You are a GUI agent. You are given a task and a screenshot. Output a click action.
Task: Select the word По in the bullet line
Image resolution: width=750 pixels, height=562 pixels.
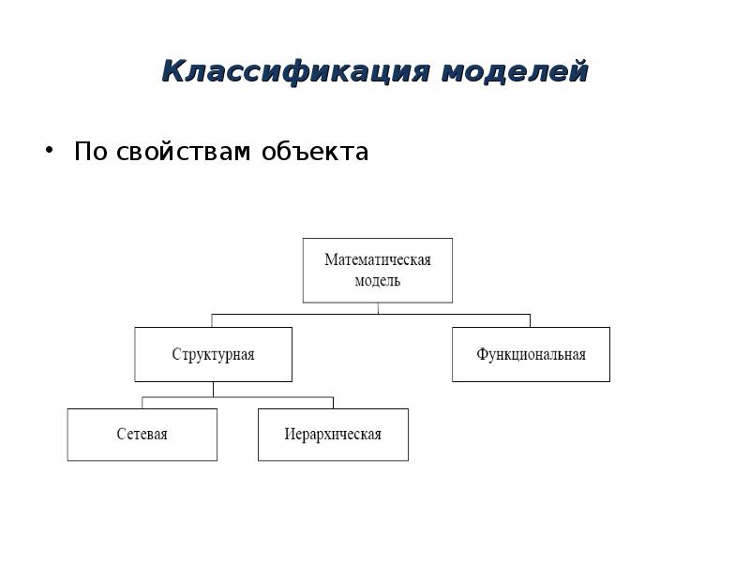tap(90, 152)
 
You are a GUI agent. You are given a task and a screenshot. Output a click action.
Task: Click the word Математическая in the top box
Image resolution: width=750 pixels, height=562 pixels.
tap(377, 259)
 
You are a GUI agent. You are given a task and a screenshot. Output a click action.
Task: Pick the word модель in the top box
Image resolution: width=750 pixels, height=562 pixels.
tap(377, 281)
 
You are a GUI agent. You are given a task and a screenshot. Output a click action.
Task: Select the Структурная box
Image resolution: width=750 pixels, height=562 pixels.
tap(213, 367)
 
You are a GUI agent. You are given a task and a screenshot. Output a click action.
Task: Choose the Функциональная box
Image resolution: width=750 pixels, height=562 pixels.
tap(531, 367)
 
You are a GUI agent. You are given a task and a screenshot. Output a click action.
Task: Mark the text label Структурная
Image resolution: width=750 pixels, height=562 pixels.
tap(213, 355)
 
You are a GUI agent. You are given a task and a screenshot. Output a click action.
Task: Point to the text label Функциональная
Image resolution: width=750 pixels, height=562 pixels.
tap(531, 355)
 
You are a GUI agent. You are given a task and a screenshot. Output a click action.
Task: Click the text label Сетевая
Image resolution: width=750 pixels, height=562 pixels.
tap(142, 435)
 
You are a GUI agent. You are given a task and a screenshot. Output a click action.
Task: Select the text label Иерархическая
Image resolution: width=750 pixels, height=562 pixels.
tap(333, 435)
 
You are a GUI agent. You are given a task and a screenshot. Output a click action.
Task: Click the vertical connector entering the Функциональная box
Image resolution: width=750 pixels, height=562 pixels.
tap(530, 320)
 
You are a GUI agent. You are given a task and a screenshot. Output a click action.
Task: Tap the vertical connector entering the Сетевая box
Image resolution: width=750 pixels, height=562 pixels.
tap(142, 403)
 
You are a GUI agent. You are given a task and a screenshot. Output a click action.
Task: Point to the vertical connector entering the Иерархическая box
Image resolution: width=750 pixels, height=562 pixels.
tap(333, 403)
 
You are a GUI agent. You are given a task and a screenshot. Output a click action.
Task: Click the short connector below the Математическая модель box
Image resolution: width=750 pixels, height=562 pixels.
tap(378, 308)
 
